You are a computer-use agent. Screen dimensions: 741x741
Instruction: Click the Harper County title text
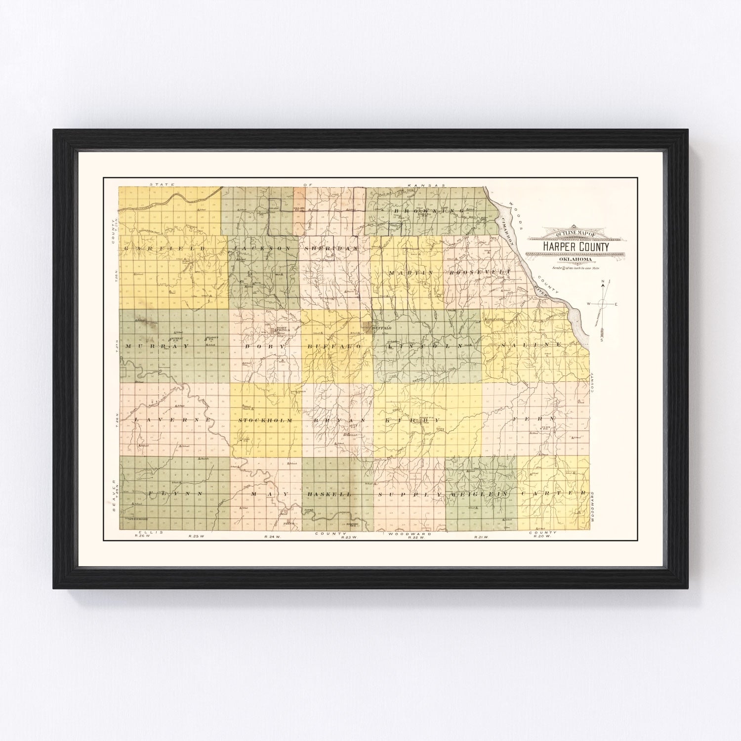coord(576,247)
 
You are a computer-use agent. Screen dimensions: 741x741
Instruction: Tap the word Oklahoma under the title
coord(576,260)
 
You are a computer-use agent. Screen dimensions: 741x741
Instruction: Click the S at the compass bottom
coord(602,340)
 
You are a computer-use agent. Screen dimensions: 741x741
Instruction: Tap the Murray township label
coord(151,347)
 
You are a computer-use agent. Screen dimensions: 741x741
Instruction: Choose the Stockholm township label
coord(266,420)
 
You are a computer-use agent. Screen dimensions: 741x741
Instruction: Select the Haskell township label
coord(329,494)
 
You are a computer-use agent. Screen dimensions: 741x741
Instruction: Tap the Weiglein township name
coord(479,494)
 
